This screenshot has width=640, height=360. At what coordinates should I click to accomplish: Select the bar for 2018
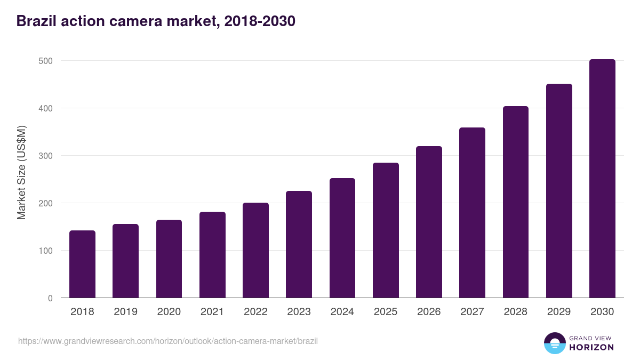(x=82, y=264)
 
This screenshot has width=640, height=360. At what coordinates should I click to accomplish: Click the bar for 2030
(x=602, y=179)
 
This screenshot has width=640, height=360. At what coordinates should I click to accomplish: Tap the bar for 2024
(x=342, y=238)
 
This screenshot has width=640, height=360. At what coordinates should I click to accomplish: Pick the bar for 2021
(x=212, y=255)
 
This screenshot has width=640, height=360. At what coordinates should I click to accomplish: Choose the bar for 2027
(x=472, y=213)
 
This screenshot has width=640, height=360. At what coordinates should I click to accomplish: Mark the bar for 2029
(x=559, y=191)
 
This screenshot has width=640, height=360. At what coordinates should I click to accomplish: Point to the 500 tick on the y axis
(x=46, y=61)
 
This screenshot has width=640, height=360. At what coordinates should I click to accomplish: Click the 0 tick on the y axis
(x=50, y=298)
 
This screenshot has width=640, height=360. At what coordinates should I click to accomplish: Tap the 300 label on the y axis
(x=46, y=156)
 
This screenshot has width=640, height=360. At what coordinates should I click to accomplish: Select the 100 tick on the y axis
(x=46, y=251)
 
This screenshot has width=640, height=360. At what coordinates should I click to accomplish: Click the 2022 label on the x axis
(x=255, y=312)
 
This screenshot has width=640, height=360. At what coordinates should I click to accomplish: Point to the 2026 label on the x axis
(x=429, y=312)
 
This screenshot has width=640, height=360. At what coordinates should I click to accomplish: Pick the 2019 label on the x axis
(x=125, y=312)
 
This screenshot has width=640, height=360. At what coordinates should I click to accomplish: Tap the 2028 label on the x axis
(x=516, y=312)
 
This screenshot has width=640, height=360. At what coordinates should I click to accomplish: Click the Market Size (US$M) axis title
(x=22, y=173)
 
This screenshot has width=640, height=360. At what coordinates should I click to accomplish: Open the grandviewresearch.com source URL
(x=168, y=341)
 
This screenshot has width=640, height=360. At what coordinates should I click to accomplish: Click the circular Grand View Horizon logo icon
(x=554, y=343)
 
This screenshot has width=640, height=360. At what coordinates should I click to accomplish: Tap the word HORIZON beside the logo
(x=591, y=347)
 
